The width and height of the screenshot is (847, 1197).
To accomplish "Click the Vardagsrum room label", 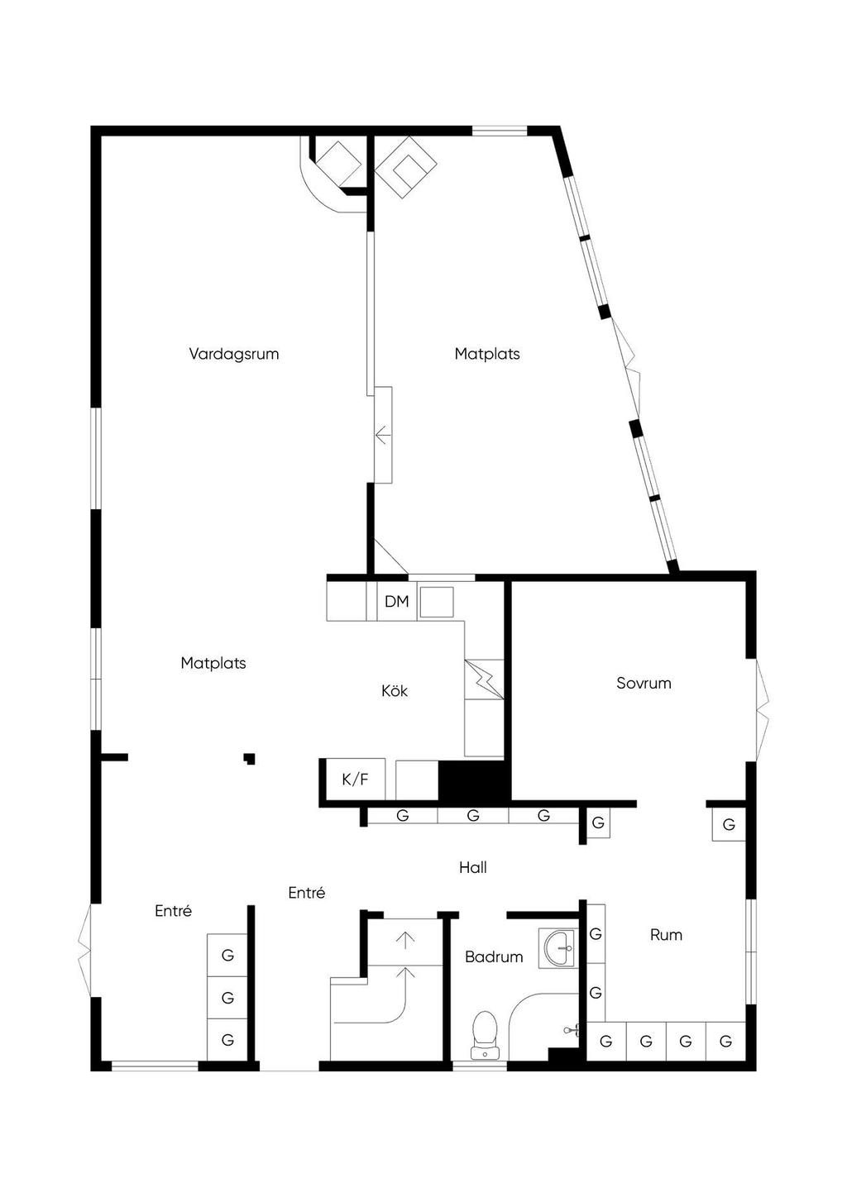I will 234,354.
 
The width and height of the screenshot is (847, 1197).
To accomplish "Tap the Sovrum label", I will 644,683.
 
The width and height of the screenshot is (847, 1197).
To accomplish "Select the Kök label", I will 395,690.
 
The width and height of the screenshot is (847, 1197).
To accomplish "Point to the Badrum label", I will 494,956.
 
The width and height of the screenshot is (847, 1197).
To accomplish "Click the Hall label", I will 473,867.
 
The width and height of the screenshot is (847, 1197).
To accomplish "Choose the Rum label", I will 666,935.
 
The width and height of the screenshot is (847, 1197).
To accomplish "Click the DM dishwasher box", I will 397,601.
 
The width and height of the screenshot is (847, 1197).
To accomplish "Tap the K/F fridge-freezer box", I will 355,779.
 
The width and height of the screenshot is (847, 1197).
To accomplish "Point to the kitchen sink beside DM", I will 436,602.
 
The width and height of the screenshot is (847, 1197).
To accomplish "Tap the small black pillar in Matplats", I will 249,757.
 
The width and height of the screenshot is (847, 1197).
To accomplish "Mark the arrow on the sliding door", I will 382,434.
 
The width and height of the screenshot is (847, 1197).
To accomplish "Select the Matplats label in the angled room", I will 487,354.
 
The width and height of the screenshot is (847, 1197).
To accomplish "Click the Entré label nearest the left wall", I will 174,911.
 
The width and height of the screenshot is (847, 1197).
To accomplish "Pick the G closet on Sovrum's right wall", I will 729,824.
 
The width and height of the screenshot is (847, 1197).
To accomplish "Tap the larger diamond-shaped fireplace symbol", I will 406,168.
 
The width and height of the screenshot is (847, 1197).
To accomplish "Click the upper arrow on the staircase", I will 405,939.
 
